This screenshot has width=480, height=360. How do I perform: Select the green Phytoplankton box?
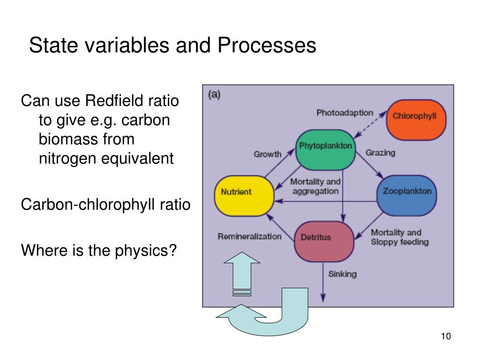point(325,150)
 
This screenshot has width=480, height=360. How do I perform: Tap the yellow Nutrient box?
point(244,195)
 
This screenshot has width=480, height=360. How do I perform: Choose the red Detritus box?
point(323,240)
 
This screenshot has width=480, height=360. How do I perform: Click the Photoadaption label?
point(345,112)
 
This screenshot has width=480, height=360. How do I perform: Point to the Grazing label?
point(380,152)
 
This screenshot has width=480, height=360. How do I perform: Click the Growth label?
point(267,154)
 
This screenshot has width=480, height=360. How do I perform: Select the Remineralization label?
point(249,236)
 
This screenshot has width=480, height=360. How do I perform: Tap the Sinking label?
point(342,274)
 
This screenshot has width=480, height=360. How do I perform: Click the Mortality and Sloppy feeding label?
point(399,237)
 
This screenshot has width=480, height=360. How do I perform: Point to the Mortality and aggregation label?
point(315,186)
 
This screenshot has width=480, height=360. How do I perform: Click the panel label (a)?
point(214,94)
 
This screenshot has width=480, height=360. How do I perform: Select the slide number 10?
point(445,337)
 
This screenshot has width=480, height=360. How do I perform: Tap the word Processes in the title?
point(266,46)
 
